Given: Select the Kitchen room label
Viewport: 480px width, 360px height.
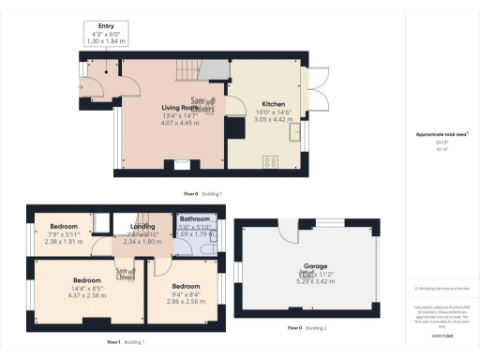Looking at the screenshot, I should tap(274, 104).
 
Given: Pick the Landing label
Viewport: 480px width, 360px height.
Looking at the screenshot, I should tap(143, 226).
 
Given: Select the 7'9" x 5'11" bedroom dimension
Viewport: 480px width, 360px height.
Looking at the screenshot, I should tap(64, 239).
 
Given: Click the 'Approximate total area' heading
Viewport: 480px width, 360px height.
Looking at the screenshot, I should tap(442, 135).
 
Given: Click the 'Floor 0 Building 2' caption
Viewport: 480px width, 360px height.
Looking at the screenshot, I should tap(307, 328).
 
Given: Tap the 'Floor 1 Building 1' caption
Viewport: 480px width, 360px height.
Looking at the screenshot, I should tap(125, 341).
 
